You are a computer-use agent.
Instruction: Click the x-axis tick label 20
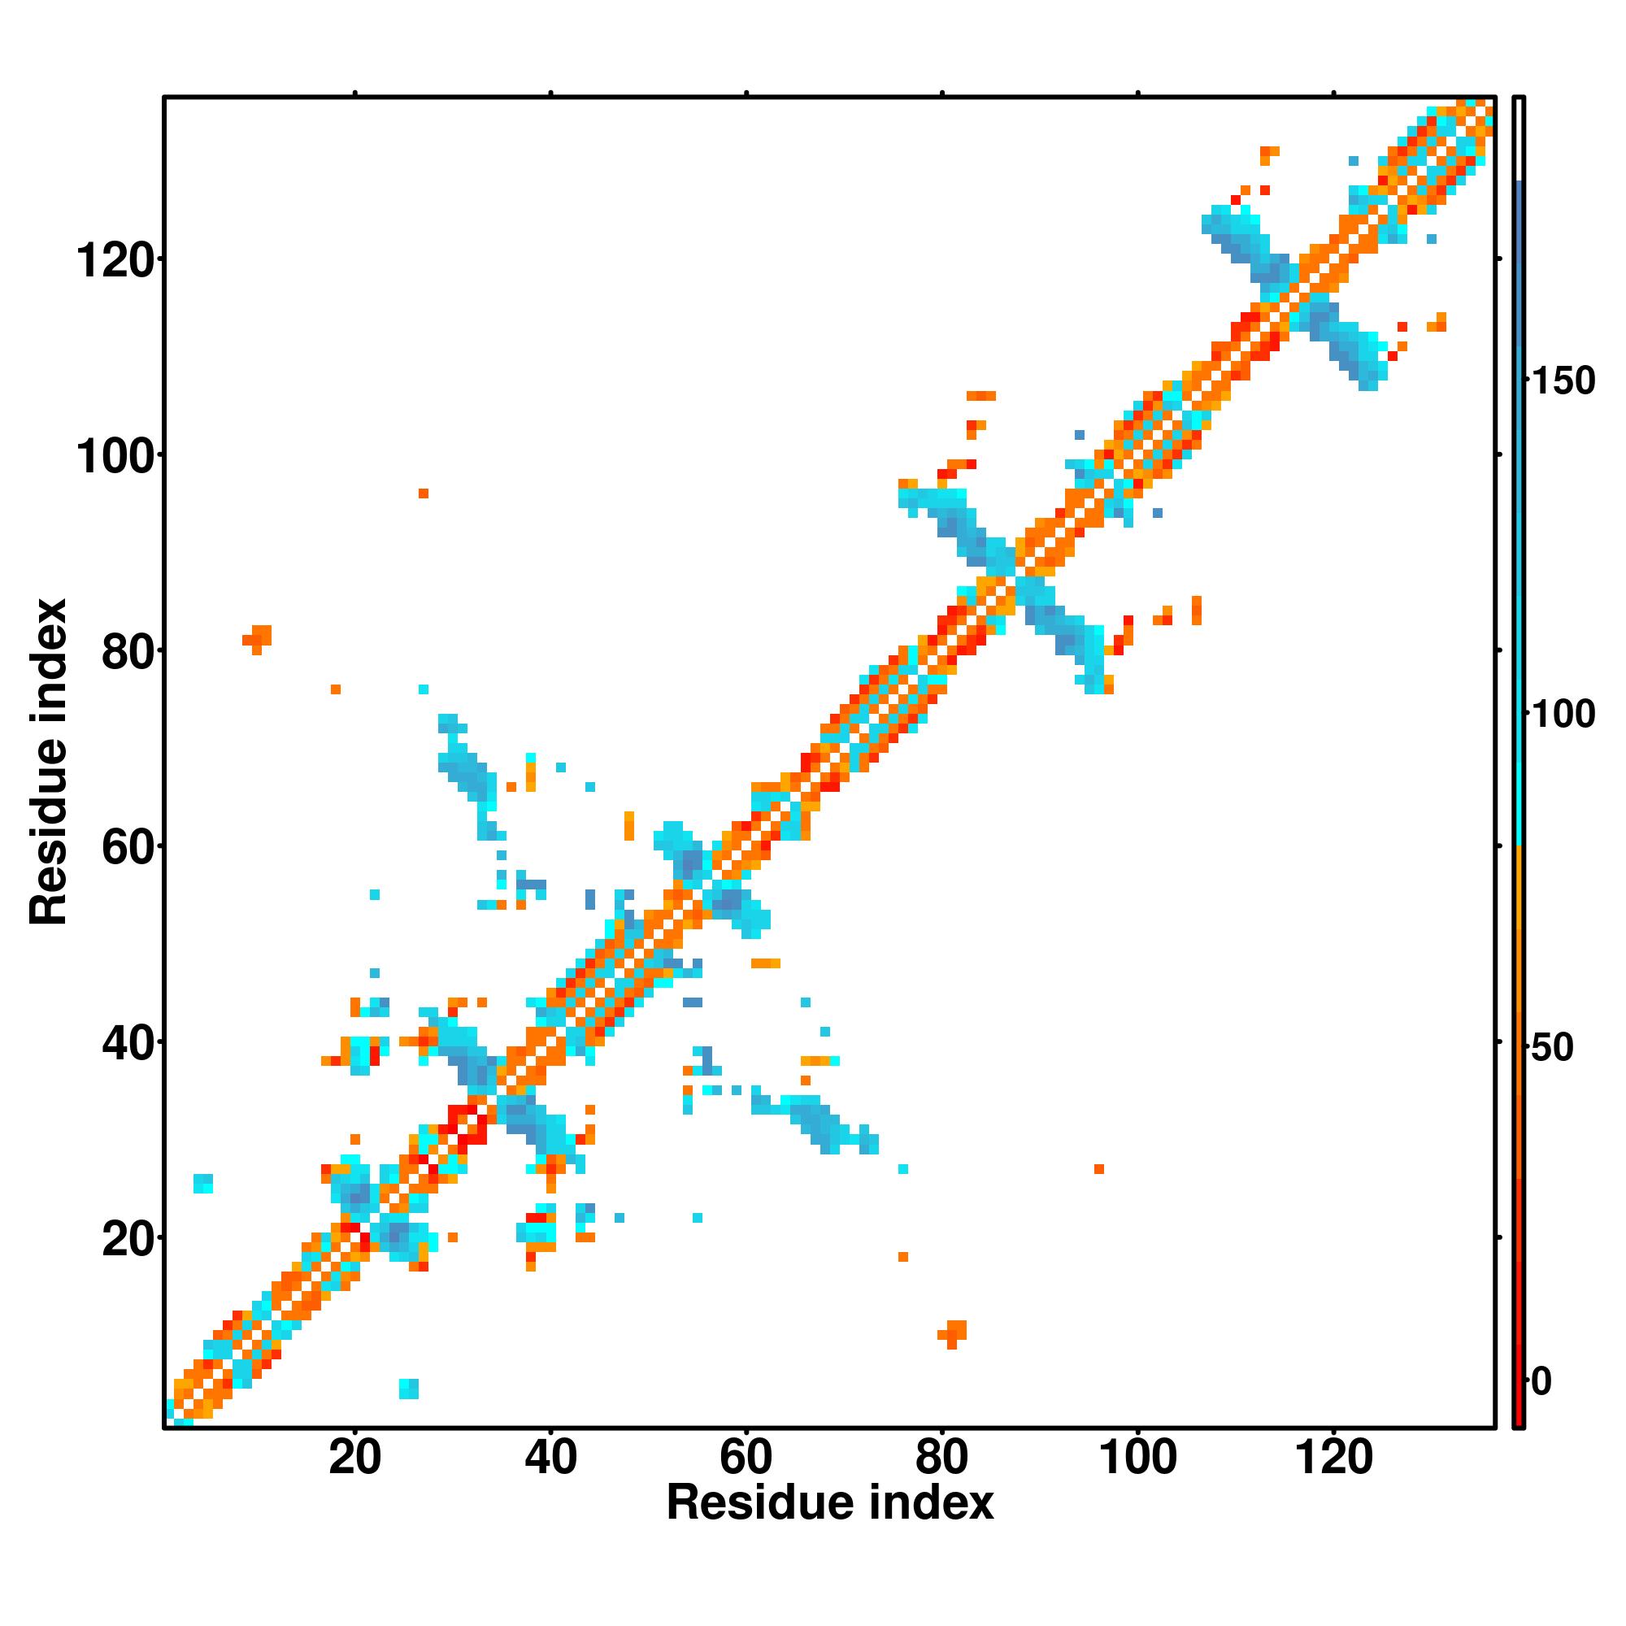point(354,1457)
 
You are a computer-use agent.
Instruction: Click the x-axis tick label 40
point(550,1457)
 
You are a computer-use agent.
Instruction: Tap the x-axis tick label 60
point(746,1457)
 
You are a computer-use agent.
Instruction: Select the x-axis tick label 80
point(941,1457)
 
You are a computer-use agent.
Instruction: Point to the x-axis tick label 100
point(1138,1457)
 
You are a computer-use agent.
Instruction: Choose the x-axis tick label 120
point(1333,1457)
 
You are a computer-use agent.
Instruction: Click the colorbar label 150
point(1563,381)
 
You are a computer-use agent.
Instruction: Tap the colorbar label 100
point(1563,715)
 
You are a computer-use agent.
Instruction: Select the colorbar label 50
point(1553,1048)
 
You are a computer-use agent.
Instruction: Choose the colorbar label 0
point(1541,1381)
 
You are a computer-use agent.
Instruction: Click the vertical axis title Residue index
point(48,762)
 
